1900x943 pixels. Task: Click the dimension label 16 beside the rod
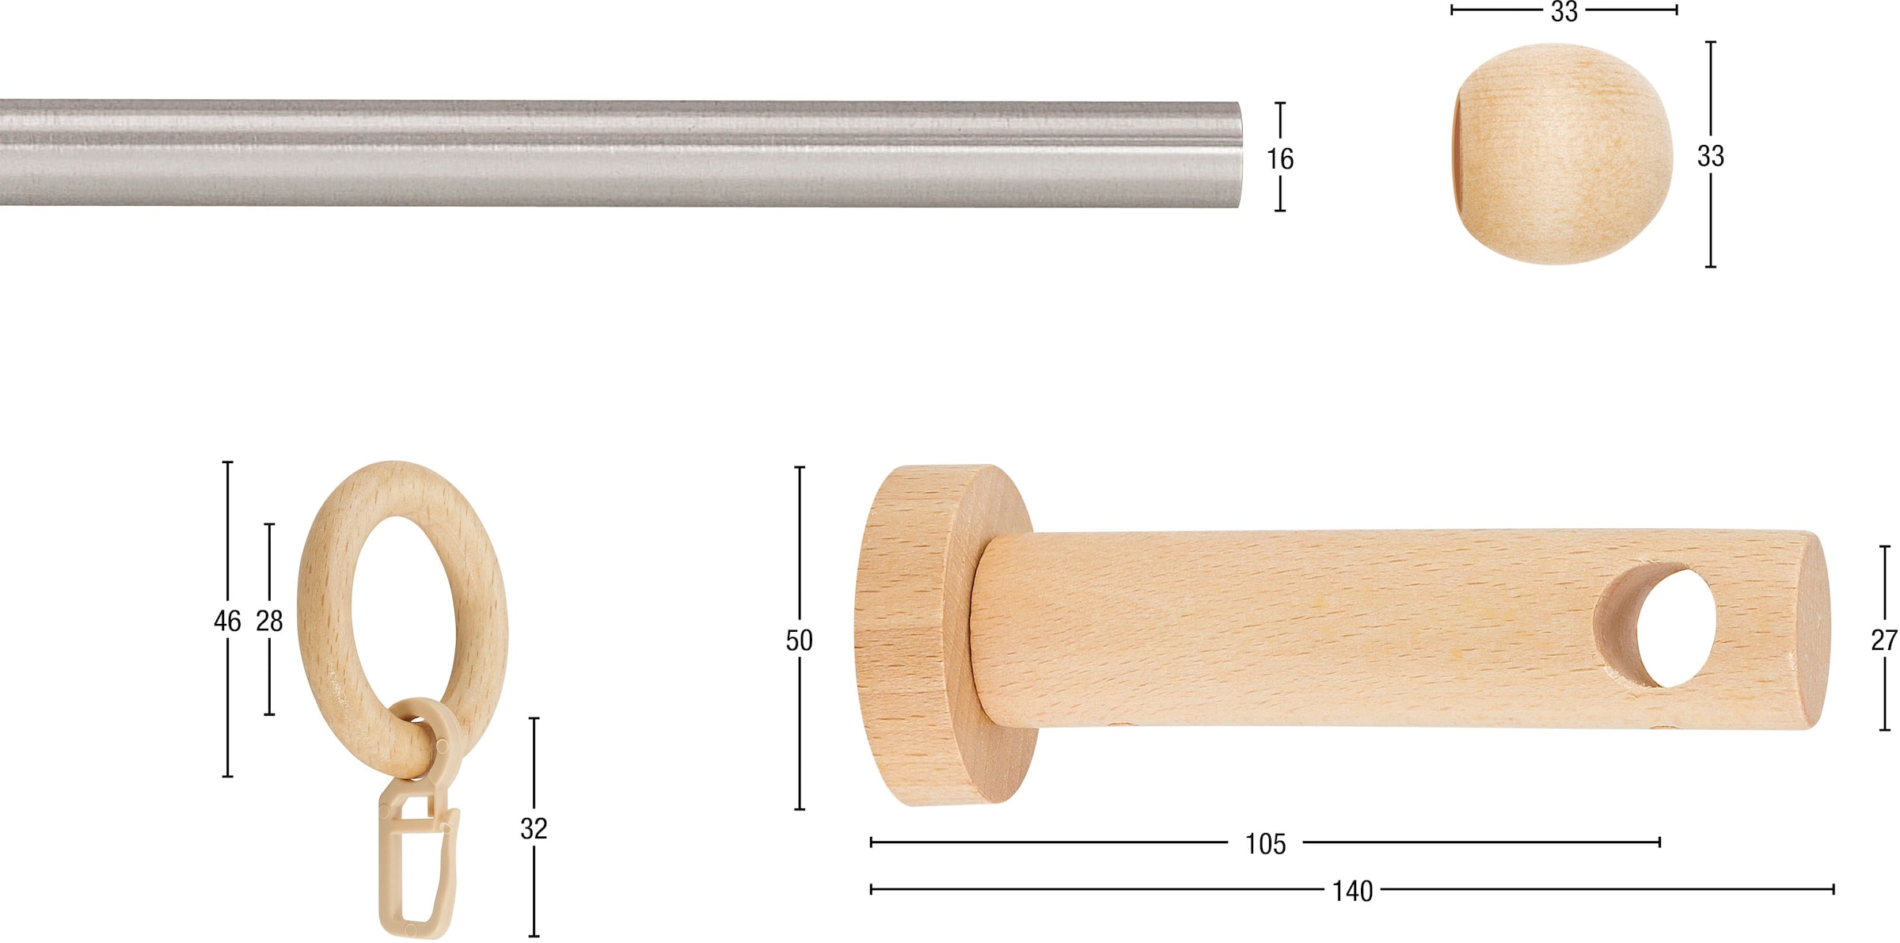[1279, 159]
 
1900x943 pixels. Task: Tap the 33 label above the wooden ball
[1564, 12]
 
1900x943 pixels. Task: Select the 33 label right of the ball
[1710, 156]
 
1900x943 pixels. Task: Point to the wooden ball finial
[1562, 154]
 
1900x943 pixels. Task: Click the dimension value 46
[227, 621]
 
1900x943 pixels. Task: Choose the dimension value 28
[269, 621]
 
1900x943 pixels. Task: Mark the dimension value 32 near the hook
[534, 828]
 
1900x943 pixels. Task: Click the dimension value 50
[799, 640]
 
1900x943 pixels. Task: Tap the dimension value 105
[1265, 844]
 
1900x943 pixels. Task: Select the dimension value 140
[1352, 892]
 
